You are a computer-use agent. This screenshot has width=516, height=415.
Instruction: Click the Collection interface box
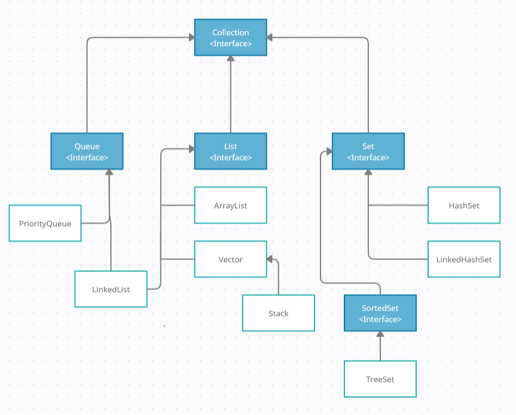click(x=230, y=38)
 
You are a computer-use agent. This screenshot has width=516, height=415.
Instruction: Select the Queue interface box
click(x=87, y=151)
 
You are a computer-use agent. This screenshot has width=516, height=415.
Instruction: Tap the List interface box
click(x=230, y=151)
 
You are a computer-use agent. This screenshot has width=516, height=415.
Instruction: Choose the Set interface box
click(x=368, y=151)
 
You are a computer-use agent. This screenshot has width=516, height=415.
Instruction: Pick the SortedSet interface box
click(x=380, y=313)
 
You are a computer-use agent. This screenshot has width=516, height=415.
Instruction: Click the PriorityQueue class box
click(x=45, y=223)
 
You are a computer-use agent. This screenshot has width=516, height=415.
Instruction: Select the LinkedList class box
click(x=111, y=289)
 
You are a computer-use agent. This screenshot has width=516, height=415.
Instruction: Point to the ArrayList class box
click(x=230, y=205)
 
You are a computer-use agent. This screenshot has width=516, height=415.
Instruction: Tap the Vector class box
click(x=230, y=260)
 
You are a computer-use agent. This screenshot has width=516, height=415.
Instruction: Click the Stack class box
click(x=278, y=313)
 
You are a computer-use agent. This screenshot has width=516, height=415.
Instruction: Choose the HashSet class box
click(x=464, y=205)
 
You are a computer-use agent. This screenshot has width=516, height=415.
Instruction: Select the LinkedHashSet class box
click(x=464, y=260)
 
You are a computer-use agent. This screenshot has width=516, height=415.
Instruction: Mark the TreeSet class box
click(x=380, y=379)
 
